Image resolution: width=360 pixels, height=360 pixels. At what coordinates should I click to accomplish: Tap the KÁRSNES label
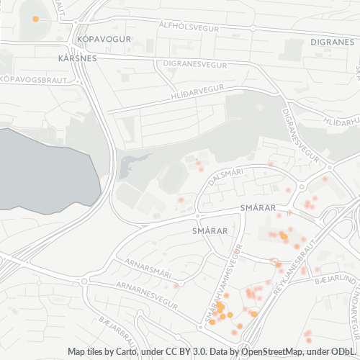pyautogui.click(x=78, y=58)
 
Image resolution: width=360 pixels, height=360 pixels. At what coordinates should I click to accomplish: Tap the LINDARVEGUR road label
pyautogui.click(x=355, y=317)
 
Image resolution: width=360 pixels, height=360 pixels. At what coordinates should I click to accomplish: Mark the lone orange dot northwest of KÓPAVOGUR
pyautogui.click(x=35, y=19)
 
